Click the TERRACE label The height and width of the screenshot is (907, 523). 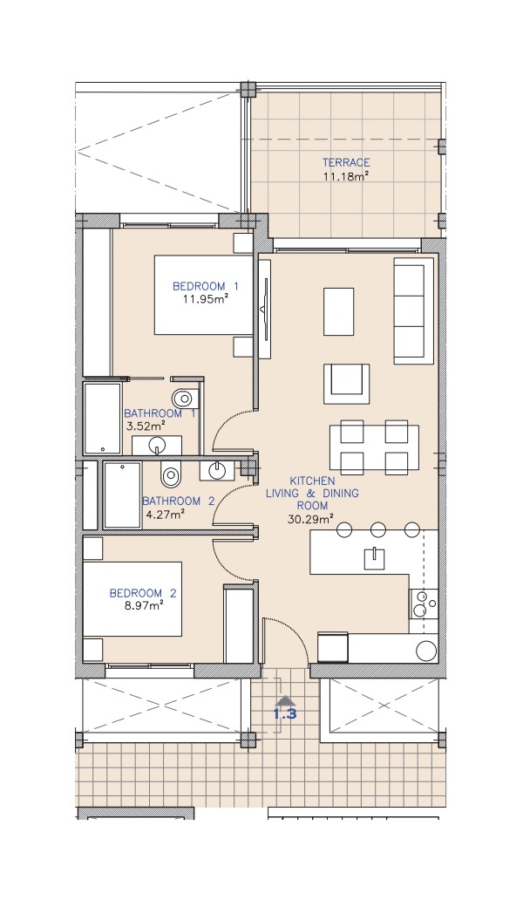point(345,163)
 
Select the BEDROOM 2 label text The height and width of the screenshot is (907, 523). point(143,593)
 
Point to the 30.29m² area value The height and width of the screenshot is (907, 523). point(311,519)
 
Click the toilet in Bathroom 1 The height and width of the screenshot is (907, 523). point(184,398)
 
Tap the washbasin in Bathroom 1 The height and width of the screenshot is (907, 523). point(157,446)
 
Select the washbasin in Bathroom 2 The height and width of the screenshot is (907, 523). point(217,470)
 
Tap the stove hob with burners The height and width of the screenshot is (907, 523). point(424,604)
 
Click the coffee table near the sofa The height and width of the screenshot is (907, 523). point(339,310)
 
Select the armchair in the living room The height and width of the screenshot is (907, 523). point(346,384)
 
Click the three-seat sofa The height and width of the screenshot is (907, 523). point(413,311)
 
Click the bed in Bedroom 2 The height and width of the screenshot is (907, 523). point(132,598)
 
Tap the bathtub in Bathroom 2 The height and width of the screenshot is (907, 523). point(122,494)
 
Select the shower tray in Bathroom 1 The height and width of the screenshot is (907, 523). point(102,418)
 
